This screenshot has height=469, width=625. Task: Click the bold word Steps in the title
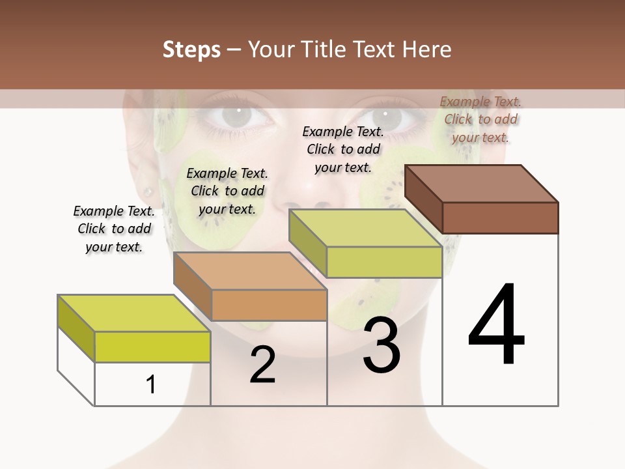(191, 50)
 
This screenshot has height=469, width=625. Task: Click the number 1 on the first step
(151, 384)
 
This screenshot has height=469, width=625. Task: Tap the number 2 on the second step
(262, 365)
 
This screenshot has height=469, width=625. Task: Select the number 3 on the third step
(382, 345)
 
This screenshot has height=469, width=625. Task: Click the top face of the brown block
(482, 183)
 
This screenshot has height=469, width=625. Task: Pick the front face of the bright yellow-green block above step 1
(152, 347)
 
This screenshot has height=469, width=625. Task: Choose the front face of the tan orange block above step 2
(269, 305)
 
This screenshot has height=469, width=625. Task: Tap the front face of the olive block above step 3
(384, 262)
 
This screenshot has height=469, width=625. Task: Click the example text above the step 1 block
(114, 229)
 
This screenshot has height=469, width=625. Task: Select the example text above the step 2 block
(227, 191)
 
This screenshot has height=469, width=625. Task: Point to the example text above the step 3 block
(343, 149)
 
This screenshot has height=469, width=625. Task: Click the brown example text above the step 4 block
(480, 119)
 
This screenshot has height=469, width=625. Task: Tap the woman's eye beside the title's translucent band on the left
(239, 116)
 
